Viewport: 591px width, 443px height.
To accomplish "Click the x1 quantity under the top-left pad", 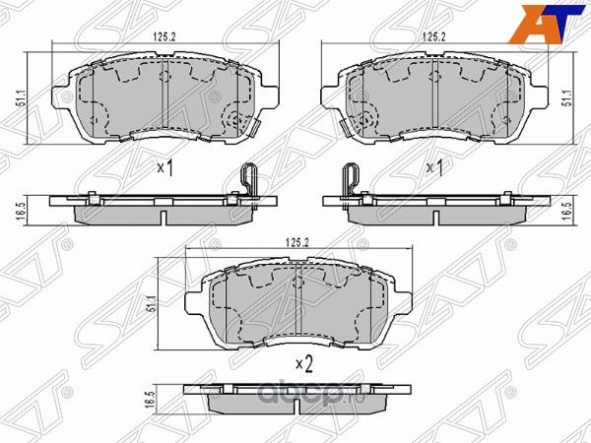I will pyautogui.click(x=164, y=168).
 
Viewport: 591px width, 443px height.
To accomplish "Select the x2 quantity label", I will pyautogui.click(x=303, y=364).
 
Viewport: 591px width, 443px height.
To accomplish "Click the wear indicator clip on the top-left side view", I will pyautogui.click(x=249, y=182).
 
